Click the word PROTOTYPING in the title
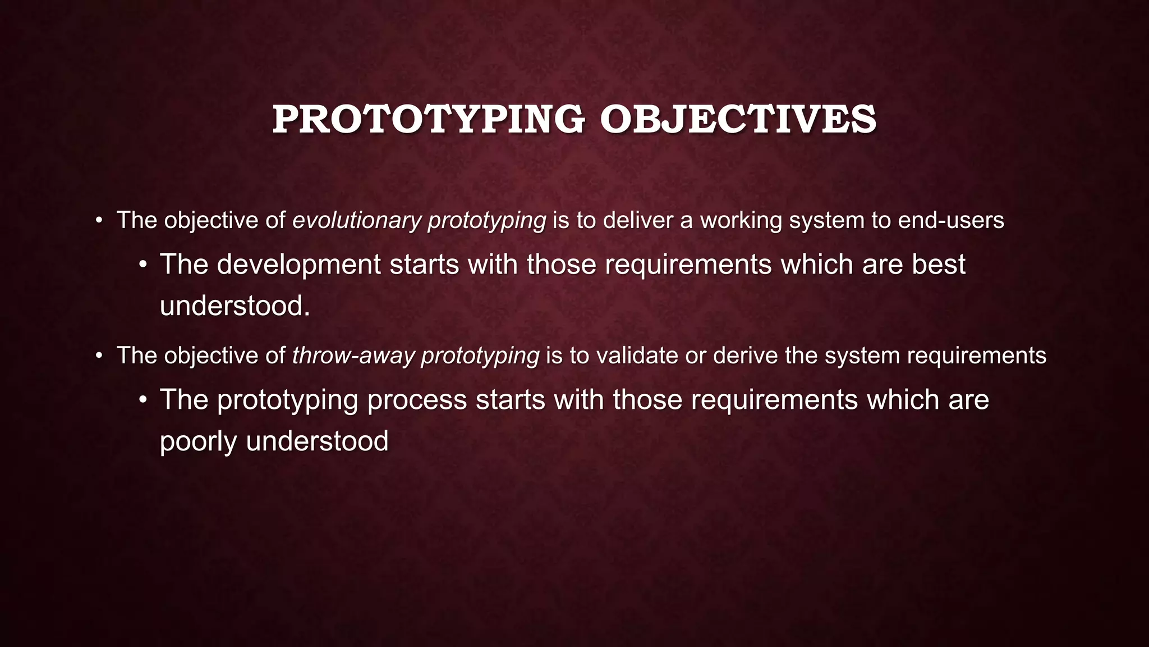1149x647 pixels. (x=428, y=120)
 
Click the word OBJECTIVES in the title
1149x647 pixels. (x=737, y=120)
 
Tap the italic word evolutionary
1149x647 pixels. (x=356, y=220)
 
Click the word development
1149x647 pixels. (x=298, y=265)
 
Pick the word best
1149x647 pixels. (x=938, y=265)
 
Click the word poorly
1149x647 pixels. (x=198, y=441)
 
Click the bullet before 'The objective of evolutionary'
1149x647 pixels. (x=99, y=220)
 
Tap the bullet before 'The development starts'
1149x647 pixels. (x=143, y=265)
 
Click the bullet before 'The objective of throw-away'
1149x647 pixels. (x=99, y=356)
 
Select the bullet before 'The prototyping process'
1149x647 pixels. (x=143, y=400)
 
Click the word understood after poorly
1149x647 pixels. (x=317, y=441)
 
